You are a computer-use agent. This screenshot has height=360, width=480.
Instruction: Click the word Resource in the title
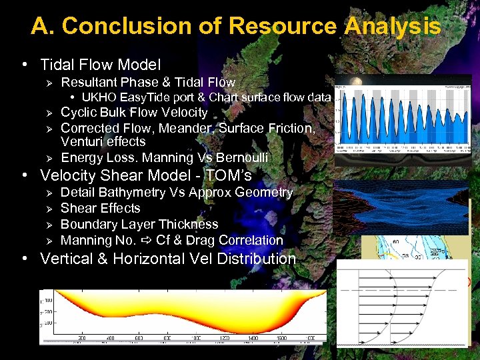coord(283,26)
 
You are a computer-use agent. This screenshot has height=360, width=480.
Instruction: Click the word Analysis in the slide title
coord(393,26)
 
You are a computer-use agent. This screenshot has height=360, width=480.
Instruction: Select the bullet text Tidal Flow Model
coord(101,65)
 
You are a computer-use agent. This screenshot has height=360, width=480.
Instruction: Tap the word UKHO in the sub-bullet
coord(97,97)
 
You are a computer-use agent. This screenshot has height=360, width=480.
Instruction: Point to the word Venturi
coord(81,141)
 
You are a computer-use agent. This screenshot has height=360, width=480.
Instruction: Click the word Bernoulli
coord(239,157)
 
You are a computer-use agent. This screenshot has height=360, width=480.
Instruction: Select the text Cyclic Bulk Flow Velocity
coord(134,112)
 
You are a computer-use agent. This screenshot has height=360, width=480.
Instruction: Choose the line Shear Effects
coord(100,208)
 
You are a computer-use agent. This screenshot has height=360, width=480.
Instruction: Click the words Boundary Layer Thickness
coord(139,224)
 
